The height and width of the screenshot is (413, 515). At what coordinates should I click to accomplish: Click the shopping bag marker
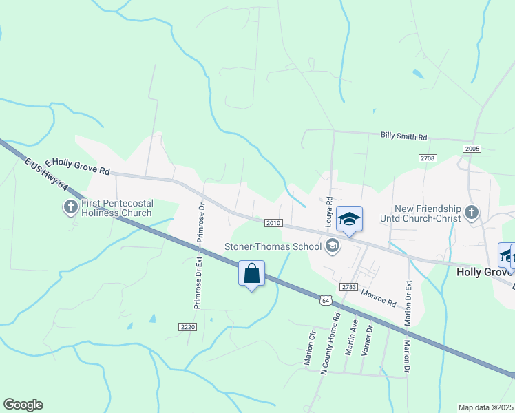pos(251,273)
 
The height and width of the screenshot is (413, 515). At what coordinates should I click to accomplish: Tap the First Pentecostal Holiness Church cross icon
pos(71,206)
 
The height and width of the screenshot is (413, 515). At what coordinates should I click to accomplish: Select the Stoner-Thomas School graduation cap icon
pos(333,246)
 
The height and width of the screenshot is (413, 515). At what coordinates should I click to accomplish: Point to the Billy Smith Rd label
pos(403,136)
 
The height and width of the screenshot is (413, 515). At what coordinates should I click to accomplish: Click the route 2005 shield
pos(472,149)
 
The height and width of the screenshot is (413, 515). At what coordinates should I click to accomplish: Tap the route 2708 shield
pos(427,159)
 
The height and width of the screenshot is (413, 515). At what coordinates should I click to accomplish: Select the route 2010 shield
pos(273,222)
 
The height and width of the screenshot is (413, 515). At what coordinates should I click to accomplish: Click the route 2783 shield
pos(349,286)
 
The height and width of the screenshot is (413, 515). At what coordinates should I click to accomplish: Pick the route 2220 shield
pos(187,326)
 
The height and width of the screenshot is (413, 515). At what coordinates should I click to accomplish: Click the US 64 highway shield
pos(326,299)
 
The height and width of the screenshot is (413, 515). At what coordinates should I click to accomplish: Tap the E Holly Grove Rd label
pos(77,166)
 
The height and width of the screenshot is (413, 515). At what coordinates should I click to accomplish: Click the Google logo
pos(23,405)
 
